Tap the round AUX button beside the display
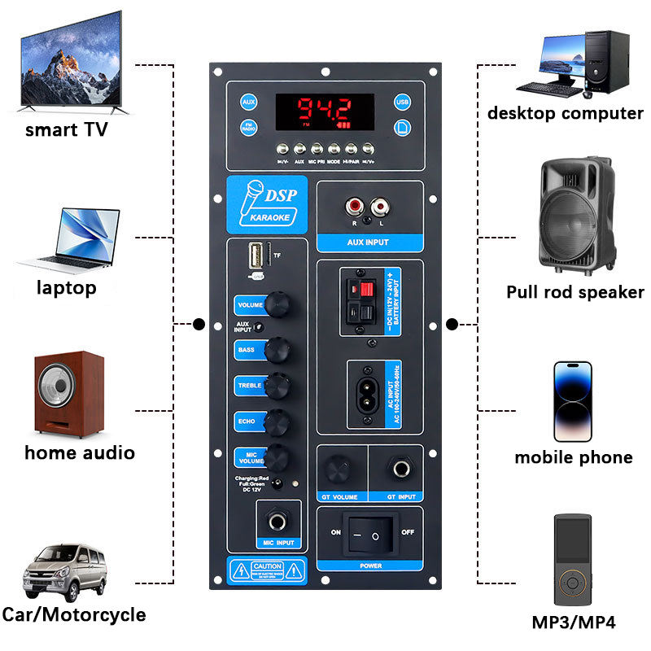click(x=249, y=102)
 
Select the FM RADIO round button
click(x=249, y=128)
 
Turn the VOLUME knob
click(x=278, y=305)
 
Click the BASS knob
click(x=278, y=350)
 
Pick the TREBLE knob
click(x=278, y=384)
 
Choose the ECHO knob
click(x=278, y=421)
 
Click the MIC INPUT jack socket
click(x=276, y=522)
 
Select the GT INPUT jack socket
click(x=400, y=470)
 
